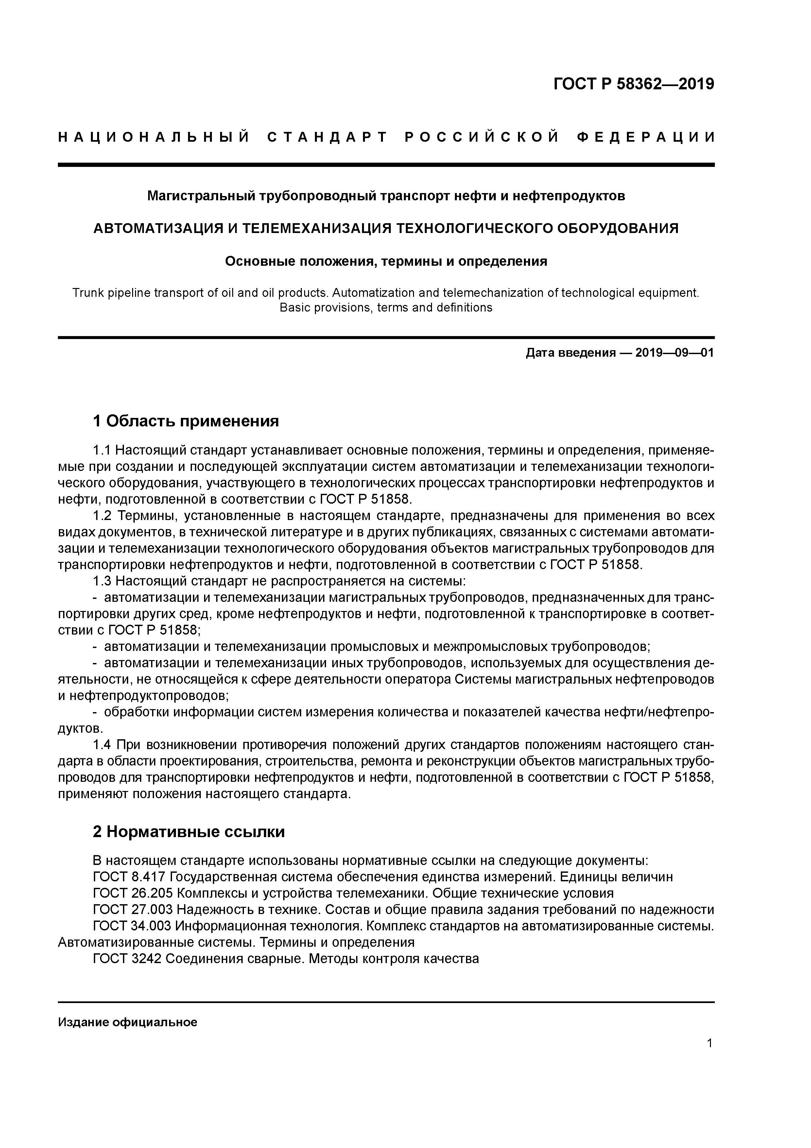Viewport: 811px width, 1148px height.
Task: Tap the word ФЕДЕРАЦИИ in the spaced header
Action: pos(646,137)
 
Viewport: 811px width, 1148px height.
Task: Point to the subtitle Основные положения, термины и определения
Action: pos(386,261)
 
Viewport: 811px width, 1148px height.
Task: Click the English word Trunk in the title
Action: pos(87,293)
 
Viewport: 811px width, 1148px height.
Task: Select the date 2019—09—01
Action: pos(675,353)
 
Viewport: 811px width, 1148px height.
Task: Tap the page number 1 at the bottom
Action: pos(710,1043)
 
